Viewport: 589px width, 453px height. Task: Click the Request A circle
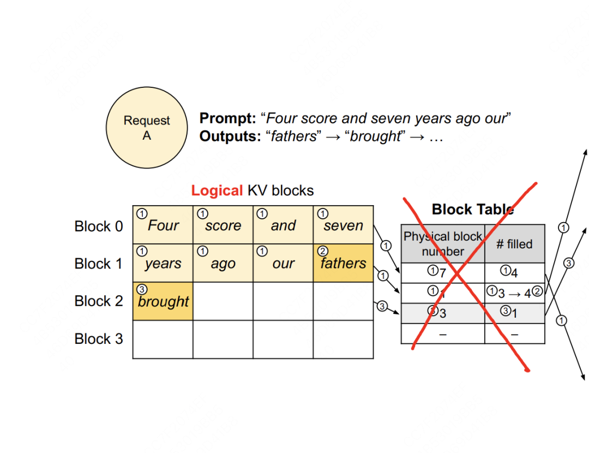[x=146, y=129]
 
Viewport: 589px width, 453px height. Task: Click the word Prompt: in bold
[x=227, y=118]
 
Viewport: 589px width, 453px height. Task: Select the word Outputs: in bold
[x=230, y=136]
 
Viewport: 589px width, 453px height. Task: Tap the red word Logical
[x=217, y=190]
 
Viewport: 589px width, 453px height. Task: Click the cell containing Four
[x=163, y=225]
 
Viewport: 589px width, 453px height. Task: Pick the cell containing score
[x=223, y=225]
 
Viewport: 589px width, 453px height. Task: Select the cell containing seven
[x=343, y=225]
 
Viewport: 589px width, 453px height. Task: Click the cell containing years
[x=163, y=263]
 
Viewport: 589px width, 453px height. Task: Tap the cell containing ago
[x=223, y=263]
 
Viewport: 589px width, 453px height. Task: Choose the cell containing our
[x=283, y=263]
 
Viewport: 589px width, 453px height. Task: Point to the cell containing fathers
[x=343, y=263]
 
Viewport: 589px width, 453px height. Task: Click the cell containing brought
[x=163, y=301]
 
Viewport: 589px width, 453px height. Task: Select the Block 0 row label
[x=99, y=226]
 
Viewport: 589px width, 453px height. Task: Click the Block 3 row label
[x=99, y=339]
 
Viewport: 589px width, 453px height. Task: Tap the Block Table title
[x=472, y=209]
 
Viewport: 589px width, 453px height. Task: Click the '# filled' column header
[x=514, y=244]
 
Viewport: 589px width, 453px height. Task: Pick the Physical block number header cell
[x=443, y=244]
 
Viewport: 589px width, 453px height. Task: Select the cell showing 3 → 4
[x=514, y=293]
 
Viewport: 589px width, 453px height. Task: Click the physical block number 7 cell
[x=443, y=272]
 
